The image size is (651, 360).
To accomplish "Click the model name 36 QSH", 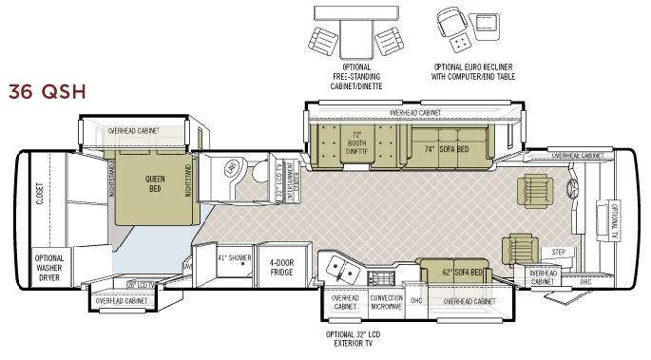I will (48, 91).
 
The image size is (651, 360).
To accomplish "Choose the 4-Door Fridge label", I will (280, 267).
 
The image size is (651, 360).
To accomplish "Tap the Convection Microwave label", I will (385, 301).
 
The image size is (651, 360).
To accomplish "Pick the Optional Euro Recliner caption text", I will (469, 72).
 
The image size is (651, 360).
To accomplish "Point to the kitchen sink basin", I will (335, 265).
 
